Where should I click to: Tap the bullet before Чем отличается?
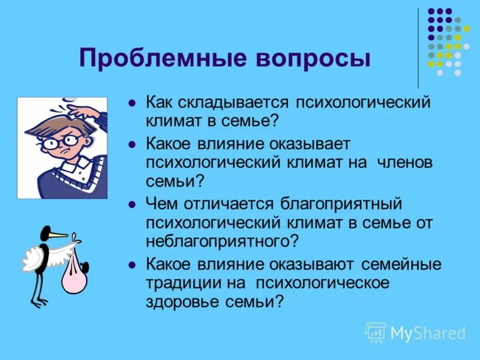[131, 204]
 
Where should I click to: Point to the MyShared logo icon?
[376, 332]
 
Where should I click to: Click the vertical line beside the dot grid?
[419, 48]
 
